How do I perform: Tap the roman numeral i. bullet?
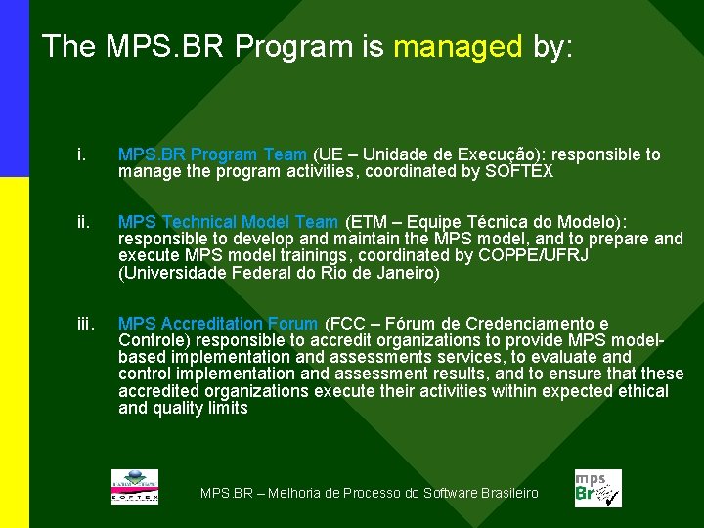81,154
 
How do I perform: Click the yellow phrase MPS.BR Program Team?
212,154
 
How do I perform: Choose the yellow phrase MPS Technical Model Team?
229,221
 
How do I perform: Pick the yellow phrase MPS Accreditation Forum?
218,324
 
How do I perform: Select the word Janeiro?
401,274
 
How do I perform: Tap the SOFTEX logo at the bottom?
135,488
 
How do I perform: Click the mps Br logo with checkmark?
596,488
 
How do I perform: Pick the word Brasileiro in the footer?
509,493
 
